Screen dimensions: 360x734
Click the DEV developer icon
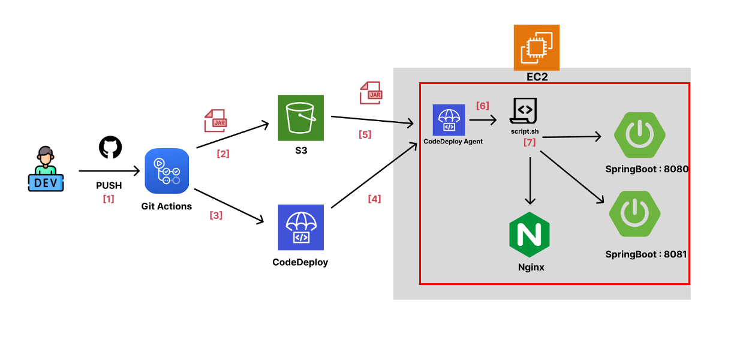click(46, 169)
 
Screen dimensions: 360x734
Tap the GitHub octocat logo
click(110, 147)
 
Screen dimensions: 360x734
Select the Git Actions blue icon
click(167, 172)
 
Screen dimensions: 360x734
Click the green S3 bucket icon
click(300, 118)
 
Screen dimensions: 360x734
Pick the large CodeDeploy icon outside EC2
click(300, 227)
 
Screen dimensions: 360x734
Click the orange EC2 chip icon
click(536, 47)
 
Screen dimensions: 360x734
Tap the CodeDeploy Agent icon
click(449, 119)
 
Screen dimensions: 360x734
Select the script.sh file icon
click(524, 112)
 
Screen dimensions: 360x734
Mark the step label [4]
click(374, 199)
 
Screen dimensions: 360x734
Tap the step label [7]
click(529, 142)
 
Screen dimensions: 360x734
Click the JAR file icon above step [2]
click(215, 121)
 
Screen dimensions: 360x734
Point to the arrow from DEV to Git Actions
click(108, 172)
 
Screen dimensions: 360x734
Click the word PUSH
click(109, 186)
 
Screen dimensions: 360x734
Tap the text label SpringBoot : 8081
click(646, 254)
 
